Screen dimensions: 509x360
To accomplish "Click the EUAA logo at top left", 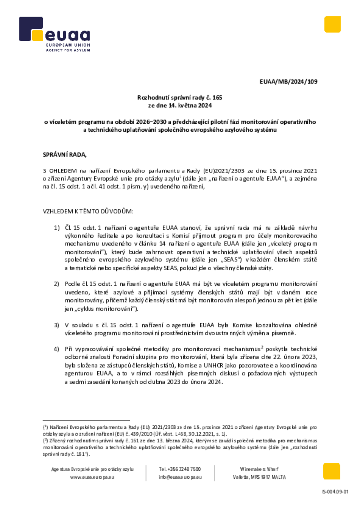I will tap(54, 35).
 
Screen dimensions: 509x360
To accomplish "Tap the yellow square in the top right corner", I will tap(332, 24).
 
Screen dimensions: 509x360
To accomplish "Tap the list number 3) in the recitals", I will tap(57, 324).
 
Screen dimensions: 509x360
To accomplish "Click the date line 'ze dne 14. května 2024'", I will tap(180, 106).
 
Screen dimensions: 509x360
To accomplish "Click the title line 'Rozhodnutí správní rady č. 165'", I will tap(180, 98).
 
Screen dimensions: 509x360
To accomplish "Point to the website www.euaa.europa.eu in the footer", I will tap(92, 477).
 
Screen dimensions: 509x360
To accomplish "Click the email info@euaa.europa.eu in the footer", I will tap(180, 477).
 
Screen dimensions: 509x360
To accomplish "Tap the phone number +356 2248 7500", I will tap(180, 469).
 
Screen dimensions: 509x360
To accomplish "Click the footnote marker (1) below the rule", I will tap(45, 427).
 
